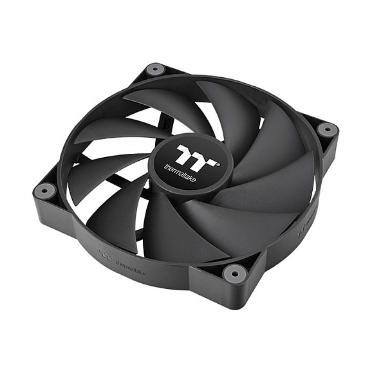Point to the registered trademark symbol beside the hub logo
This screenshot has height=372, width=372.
(x=219, y=163)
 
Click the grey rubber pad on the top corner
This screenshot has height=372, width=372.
(x=154, y=69)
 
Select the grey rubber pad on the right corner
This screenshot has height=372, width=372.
(x=327, y=129)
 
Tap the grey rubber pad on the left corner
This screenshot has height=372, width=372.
(x=45, y=190)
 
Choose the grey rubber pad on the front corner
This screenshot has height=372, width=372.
(x=234, y=273)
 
